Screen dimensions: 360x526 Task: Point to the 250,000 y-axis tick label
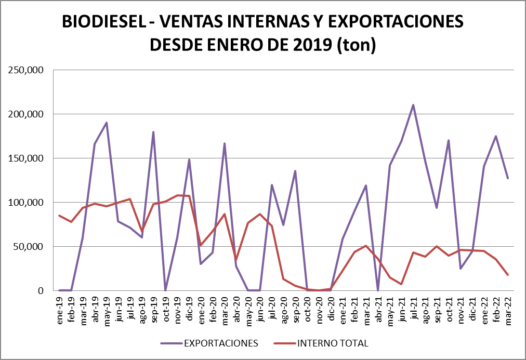click(25, 70)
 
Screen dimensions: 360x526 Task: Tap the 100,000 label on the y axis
click(25, 203)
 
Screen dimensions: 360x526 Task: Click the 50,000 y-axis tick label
click(28, 247)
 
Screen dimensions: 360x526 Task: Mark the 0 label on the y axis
click(40, 291)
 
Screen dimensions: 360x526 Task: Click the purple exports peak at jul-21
click(413, 105)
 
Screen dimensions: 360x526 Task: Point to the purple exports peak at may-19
click(107, 123)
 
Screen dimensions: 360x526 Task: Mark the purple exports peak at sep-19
click(153, 132)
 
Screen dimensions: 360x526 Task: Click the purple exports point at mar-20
click(224, 143)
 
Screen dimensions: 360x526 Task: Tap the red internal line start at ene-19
click(60, 216)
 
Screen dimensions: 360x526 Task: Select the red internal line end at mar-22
click(508, 275)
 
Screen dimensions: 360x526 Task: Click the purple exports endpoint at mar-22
click(508, 178)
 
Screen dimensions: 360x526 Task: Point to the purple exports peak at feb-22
click(496, 136)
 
